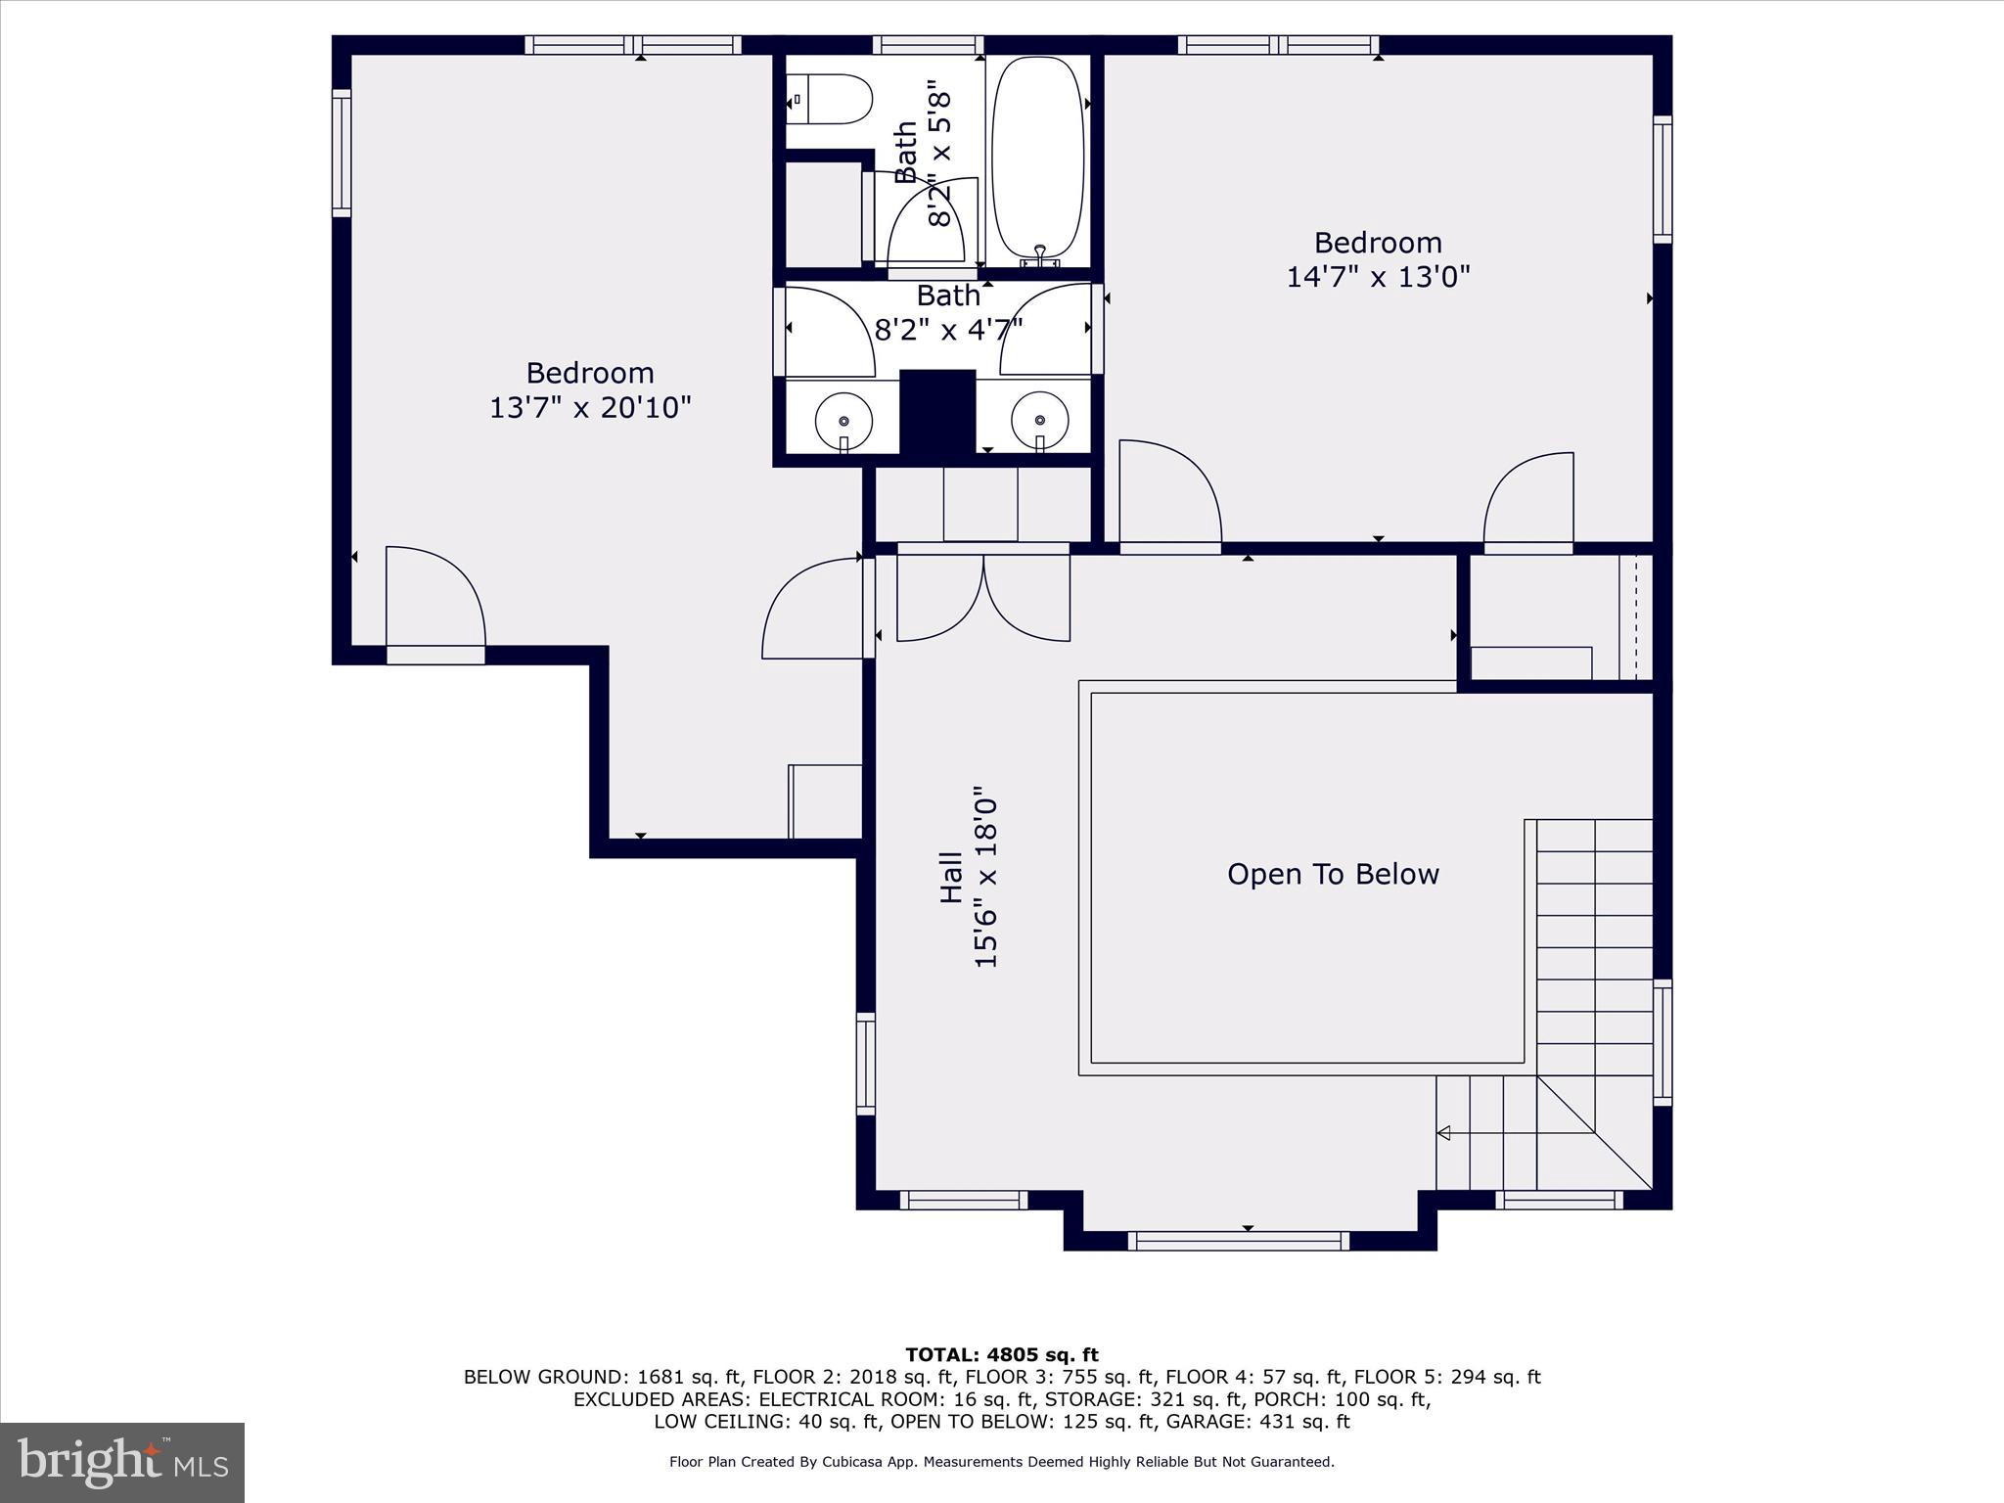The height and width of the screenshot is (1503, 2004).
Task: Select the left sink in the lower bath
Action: pyautogui.click(x=843, y=420)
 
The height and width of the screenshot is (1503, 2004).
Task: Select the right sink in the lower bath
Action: pyautogui.click(x=1039, y=420)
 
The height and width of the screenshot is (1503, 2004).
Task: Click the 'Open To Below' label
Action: pyautogui.click(x=1333, y=874)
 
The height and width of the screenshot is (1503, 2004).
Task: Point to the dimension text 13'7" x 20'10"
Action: pyautogui.click(x=590, y=407)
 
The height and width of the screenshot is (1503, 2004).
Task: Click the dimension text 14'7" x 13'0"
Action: pyautogui.click(x=1378, y=277)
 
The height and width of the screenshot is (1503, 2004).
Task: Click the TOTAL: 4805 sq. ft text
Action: pyautogui.click(x=1001, y=1355)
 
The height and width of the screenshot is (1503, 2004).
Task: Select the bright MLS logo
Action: pyautogui.click(x=121, y=1462)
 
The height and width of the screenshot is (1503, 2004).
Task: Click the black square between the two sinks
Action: pyautogui.click(x=937, y=411)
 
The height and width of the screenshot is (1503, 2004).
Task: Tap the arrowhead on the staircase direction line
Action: pyautogui.click(x=1443, y=1133)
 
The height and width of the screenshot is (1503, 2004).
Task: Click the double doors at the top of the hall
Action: pyautogui.click(x=983, y=597)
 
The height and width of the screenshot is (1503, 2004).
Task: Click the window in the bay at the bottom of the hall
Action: pyautogui.click(x=1238, y=1241)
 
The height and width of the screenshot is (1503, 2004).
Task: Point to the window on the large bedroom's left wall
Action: pyautogui.click(x=341, y=153)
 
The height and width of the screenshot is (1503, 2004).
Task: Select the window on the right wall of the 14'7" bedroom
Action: pyautogui.click(x=1662, y=179)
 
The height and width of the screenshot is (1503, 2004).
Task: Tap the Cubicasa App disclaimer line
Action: pyautogui.click(x=1001, y=1462)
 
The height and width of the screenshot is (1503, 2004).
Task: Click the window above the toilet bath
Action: pyautogui.click(x=928, y=45)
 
